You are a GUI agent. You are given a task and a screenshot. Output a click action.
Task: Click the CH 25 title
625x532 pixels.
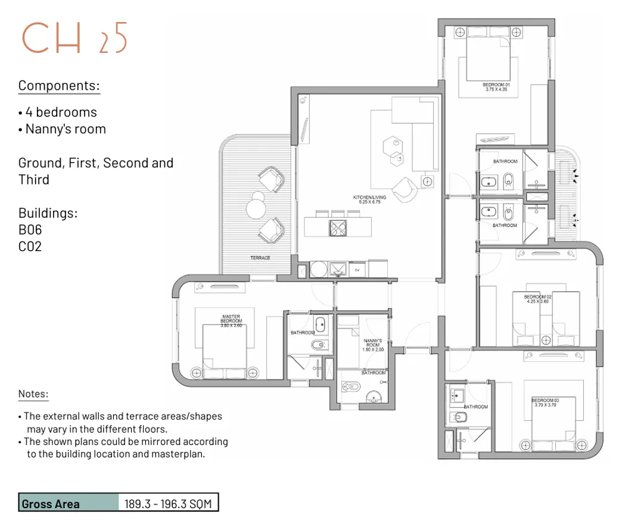point(74,39)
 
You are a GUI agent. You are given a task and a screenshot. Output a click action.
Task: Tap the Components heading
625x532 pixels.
point(59,86)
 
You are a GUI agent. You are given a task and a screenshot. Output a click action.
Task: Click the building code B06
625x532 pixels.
point(30,230)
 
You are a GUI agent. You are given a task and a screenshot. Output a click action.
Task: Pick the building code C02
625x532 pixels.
point(30,246)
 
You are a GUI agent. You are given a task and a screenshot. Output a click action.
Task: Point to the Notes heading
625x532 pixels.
point(33,394)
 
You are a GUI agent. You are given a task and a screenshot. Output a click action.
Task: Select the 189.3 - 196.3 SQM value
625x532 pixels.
point(168,503)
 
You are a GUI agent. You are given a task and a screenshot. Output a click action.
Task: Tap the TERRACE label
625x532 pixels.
point(260,258)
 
